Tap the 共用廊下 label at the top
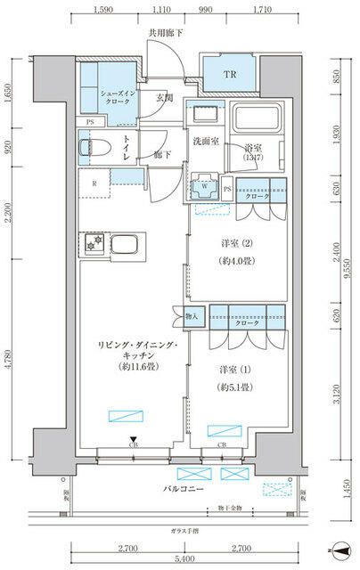click(x=165, y=33)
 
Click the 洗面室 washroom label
click(x=209, y=142)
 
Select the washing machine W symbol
click(x=208, y=188)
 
